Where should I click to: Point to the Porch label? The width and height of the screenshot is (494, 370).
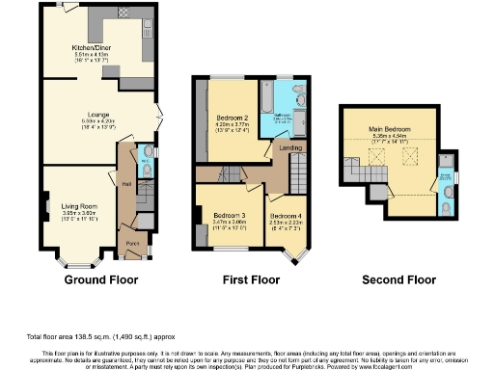pyautogui.click(x=132, y=244)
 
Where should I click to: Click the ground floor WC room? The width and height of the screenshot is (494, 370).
pyautogui.click(x=144, y=156)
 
